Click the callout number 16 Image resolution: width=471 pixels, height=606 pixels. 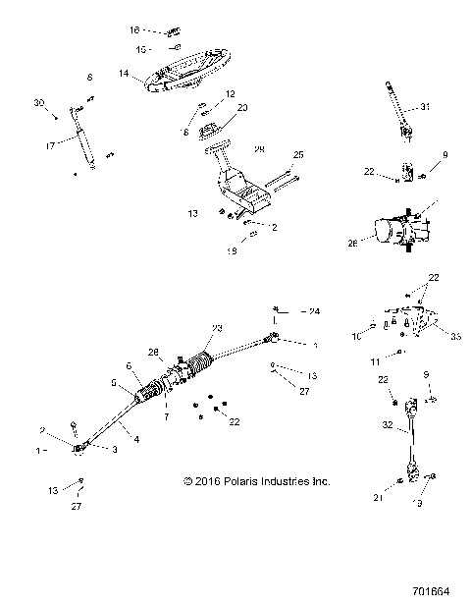[x=135, y=30]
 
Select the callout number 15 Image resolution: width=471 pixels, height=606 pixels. [x=141, y=49]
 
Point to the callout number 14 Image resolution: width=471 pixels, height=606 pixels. [x=124, y=73]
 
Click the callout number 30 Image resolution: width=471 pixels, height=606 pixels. [x=39, y=103]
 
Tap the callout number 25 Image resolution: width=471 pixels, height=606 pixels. [x=299, y=155]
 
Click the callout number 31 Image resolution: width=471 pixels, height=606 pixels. [x=426, y=106]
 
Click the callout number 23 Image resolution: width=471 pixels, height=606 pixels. [x=218, y=328]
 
